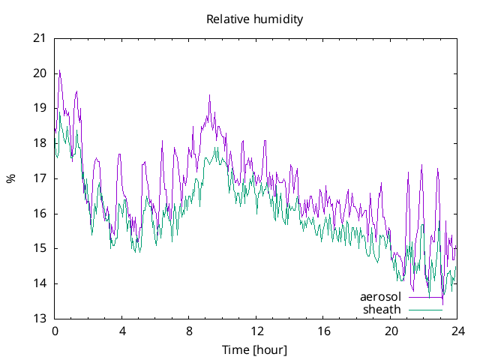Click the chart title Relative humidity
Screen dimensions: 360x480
255,19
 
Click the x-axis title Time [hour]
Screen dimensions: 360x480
255,350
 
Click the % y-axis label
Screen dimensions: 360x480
11,178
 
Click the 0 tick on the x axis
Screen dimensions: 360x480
55,331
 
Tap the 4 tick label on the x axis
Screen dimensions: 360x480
122,331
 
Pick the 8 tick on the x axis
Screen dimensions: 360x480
189,331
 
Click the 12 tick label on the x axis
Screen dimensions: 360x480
256,331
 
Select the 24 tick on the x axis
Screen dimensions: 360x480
457,331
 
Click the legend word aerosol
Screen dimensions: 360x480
381,297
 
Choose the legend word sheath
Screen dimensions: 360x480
382,309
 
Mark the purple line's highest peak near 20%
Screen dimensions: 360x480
59,71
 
